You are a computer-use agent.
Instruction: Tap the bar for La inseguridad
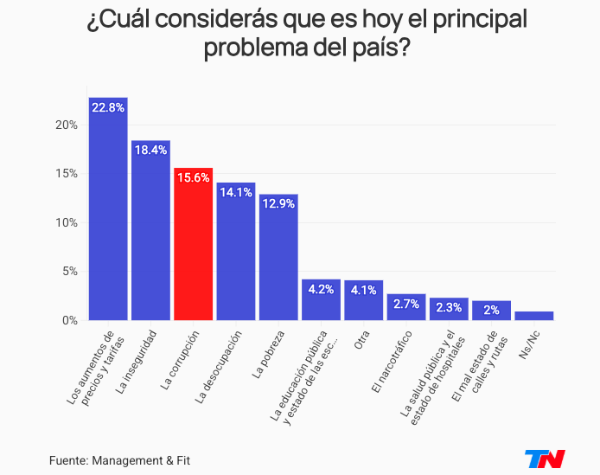pos(150,234)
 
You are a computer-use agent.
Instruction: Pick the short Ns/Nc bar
pos(533,316)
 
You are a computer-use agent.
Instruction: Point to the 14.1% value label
pos(235,193)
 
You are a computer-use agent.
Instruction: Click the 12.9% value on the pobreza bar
pos(278,203)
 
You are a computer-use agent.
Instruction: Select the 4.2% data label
pos(321,290)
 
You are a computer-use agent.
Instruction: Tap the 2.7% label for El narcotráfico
pos(405,304)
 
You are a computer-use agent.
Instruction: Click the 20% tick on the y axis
pos(67,125)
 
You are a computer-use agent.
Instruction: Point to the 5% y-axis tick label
pos(69,272)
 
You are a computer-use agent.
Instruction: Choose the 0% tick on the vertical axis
pos(69,321)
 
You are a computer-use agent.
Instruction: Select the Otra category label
pos(361,339)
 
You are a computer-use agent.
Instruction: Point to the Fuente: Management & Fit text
pos(119,459)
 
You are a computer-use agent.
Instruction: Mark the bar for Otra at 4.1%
pos(363,300)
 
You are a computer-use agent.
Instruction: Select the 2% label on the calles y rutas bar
pos(491,311)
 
